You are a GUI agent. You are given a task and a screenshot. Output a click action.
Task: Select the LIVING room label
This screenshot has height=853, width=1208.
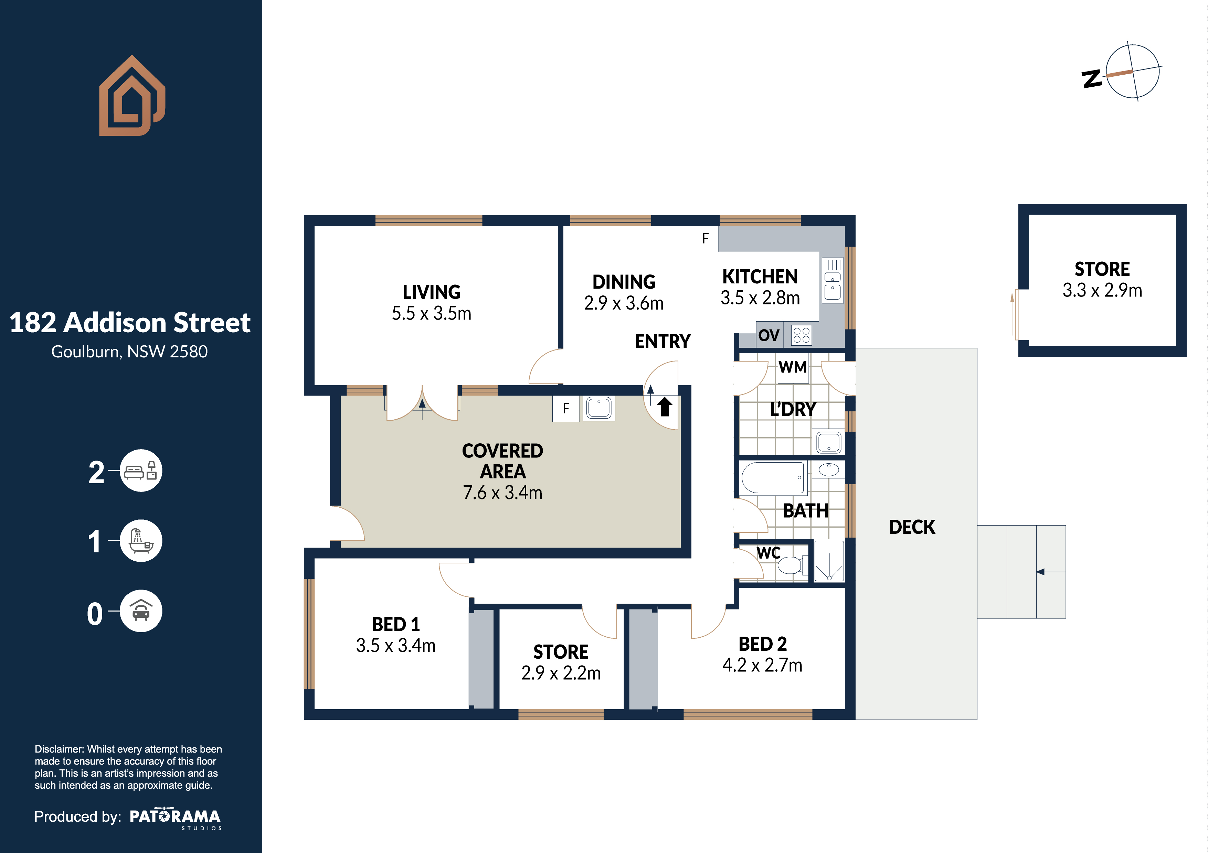[x=432, y=292]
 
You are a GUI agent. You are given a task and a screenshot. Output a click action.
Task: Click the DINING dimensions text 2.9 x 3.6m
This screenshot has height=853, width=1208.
[x=624, y=303]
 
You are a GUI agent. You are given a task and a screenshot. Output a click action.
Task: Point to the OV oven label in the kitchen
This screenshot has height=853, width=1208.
[x=769, y=335]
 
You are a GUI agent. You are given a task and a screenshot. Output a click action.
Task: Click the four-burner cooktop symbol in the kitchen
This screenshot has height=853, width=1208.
[x=801, y=335]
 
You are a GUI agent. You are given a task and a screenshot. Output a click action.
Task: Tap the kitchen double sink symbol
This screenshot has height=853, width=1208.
[x=832, y=280]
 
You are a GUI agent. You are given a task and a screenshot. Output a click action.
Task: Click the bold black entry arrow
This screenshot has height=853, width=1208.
[x=665, y=407]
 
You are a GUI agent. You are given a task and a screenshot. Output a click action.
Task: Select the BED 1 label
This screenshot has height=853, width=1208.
[x=396, y=624]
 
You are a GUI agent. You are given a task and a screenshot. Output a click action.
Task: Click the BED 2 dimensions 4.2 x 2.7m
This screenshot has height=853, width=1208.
[x=762, y=665]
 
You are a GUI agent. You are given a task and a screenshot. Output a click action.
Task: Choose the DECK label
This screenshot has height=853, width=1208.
[x=912, y=527]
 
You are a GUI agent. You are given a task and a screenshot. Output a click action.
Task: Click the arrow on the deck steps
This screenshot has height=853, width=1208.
[x=1051, y=572]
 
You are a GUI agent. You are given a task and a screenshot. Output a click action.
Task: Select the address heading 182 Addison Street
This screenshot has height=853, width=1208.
[x=130, y=322]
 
